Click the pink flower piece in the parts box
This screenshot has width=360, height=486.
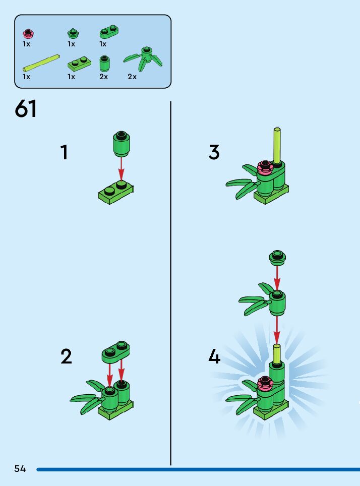tap(28, 34)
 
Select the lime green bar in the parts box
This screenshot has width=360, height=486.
tap(42, 62)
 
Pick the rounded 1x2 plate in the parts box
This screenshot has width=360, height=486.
tap(108, 33)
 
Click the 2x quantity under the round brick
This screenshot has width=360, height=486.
tap(103, 77)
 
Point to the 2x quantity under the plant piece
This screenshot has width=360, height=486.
tap(132, 77)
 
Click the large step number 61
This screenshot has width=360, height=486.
tap(26, 109)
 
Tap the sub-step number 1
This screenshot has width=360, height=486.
tap(64, 152)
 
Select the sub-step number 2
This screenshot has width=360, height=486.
tap(66, 357)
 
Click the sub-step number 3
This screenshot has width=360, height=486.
tap(214, 152)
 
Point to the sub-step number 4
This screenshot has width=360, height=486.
tap(214, 357)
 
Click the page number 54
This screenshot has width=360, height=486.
tap(20, 468)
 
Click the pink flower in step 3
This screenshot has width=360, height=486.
tap(264, 167)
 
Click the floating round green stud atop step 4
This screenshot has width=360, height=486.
tap(277, 257)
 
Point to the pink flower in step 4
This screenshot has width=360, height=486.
tap(264, 384)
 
